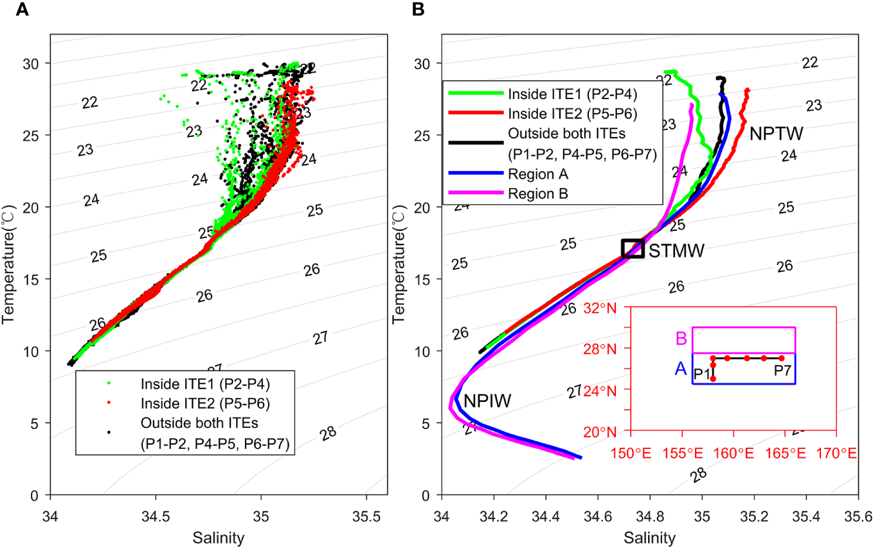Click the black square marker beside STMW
(633, 248)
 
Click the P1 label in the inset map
(701, 373)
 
